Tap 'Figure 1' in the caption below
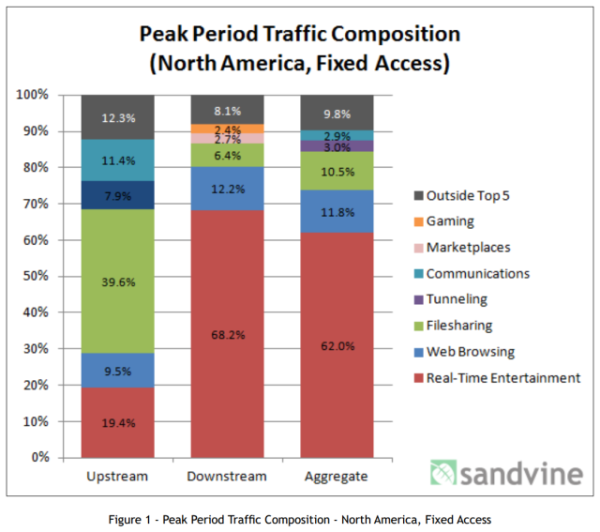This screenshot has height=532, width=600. pyautogui.click(x=163, y=518)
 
